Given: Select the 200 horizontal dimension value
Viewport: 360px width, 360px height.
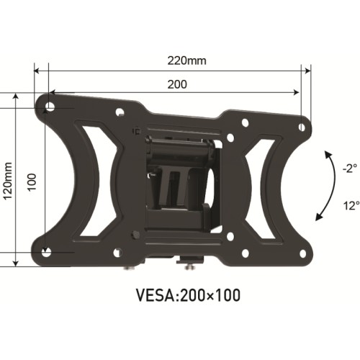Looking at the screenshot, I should coord(177,84).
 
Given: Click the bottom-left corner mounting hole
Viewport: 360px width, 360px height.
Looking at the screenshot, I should coord(48,251).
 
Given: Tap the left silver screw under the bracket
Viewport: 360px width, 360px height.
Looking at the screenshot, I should coord(128,268).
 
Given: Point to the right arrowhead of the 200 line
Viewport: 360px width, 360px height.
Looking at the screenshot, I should coord(296,93).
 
